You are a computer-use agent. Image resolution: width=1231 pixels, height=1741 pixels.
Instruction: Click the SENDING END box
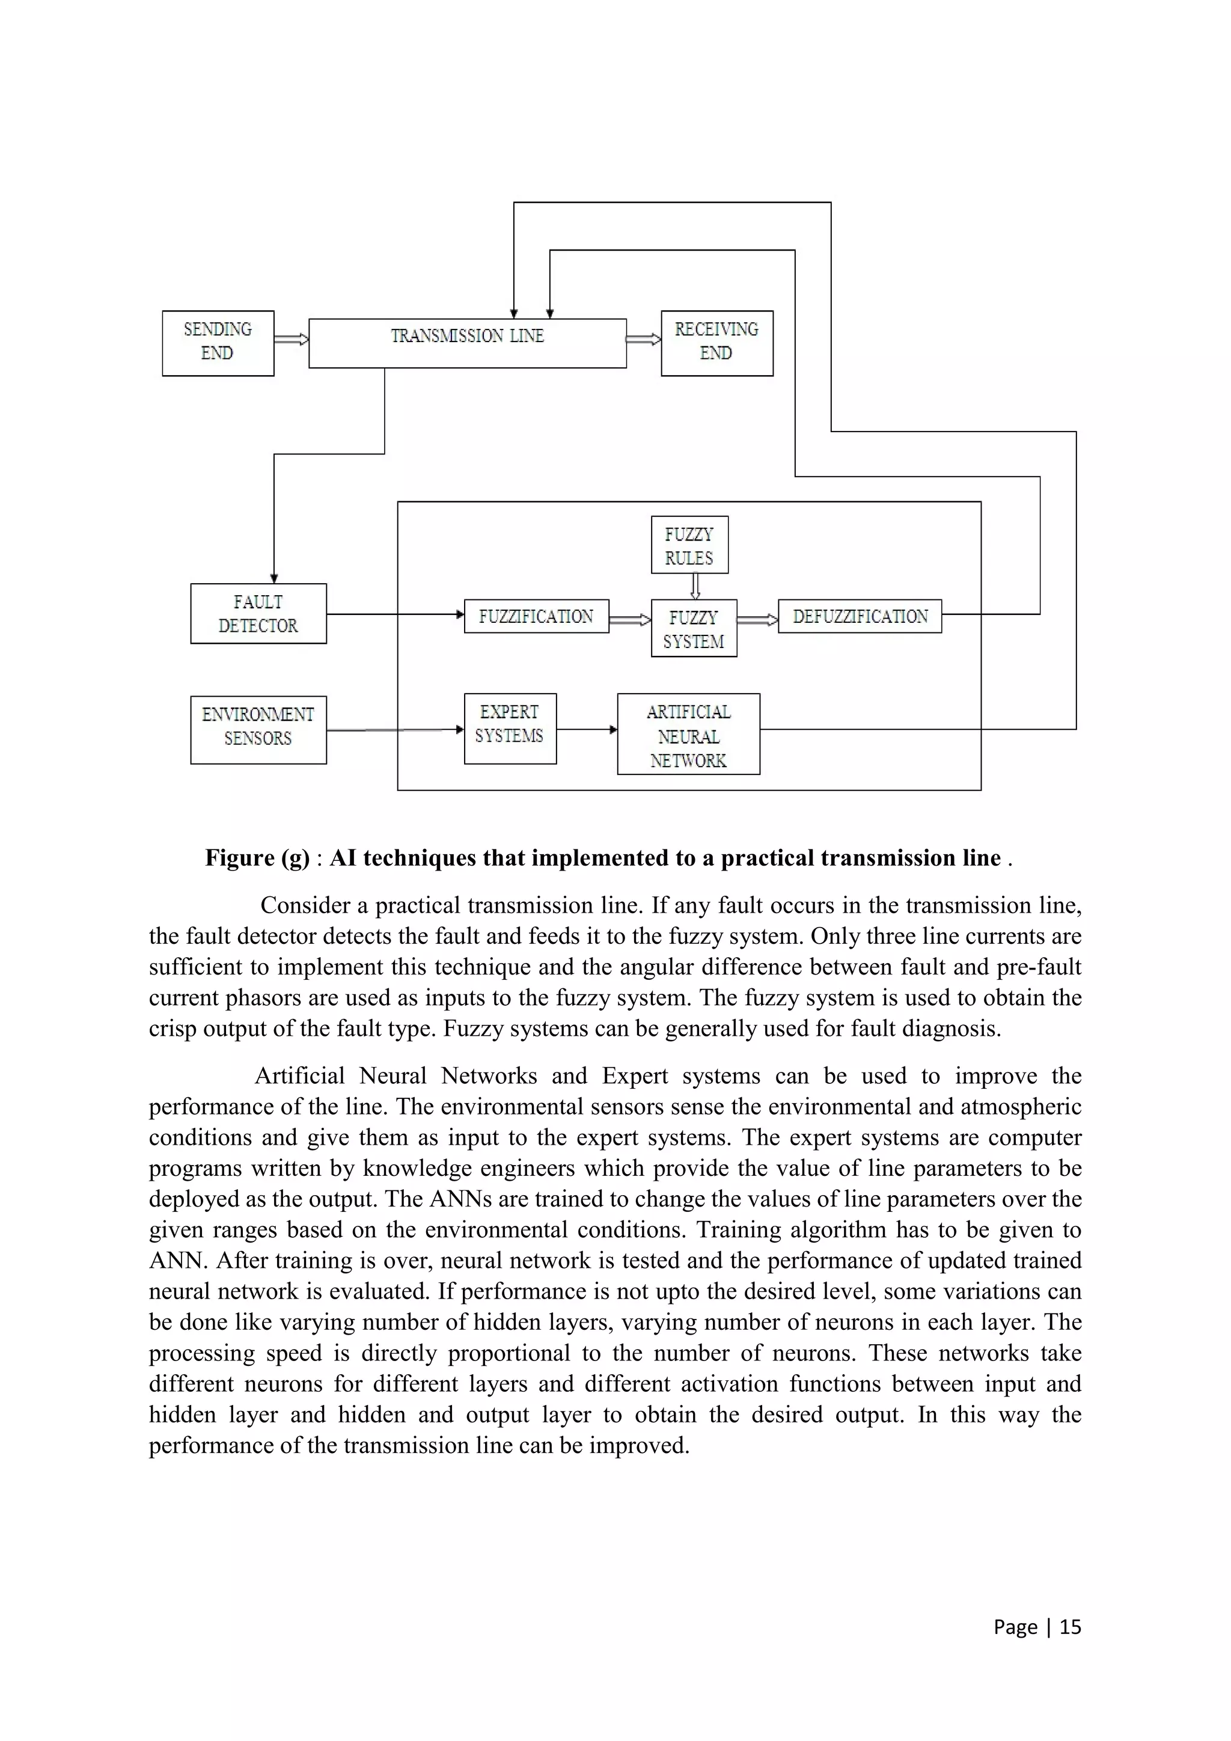coord(218,343)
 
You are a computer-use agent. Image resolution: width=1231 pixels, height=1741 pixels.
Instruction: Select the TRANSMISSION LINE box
coord(467,343)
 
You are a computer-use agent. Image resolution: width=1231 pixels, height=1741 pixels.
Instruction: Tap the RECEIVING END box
coord(716,343)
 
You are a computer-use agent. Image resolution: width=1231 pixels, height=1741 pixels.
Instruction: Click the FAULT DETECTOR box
coord(258,613)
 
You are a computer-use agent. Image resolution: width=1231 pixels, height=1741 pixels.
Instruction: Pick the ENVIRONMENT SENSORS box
coord(258,729)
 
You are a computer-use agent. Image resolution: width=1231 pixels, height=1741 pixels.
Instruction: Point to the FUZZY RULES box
coord(689,545)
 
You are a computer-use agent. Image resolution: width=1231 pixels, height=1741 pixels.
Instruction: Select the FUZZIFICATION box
coord(536,616)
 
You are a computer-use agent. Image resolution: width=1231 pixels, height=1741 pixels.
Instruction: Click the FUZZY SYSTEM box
coord(694,629)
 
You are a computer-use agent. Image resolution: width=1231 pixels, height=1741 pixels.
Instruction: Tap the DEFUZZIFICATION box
coord(860,616)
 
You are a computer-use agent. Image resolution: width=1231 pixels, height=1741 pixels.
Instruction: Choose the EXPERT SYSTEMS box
coord(509,728)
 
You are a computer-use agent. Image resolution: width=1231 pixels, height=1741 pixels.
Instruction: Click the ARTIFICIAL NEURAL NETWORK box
coord(688,734)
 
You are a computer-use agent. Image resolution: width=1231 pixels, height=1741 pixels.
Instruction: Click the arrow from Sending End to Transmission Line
coord(291,339)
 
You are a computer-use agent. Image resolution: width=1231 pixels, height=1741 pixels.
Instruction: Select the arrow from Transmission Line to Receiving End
coord(644,339)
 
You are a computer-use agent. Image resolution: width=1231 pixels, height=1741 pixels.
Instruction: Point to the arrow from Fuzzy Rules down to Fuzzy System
coord(695,586)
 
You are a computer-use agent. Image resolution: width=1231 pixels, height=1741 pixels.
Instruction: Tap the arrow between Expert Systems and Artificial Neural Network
coord(587,729)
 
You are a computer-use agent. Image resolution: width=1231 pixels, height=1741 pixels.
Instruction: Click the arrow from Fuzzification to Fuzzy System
coord(629,620)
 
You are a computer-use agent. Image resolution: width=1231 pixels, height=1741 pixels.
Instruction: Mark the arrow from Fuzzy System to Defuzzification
coord(757,620)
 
